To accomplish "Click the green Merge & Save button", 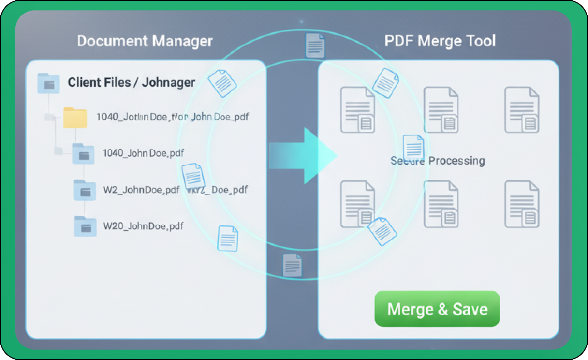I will (437, 309).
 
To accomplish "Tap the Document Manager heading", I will (145, 41).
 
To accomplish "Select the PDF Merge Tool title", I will (440, 41).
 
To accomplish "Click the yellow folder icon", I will (75, 117).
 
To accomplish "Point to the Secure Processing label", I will (438, 161).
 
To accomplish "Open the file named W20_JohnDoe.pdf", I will (143, 225).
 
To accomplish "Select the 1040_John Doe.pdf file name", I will (143, 153).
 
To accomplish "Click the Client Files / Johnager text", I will (131, 82).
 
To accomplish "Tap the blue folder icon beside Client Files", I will (48, 83).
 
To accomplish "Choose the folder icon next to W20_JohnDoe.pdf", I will (85, 226).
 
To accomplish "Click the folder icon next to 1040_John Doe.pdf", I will (83, 154).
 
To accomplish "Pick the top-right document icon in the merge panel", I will (522, 110).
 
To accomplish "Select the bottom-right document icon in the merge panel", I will (522, 204).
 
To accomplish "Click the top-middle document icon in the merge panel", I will (441, 110).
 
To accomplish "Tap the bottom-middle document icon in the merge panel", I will (441, 204).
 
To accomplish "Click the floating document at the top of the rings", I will (315, 46).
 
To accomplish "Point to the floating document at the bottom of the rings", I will (292, 265).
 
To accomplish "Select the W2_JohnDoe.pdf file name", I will (141, 190).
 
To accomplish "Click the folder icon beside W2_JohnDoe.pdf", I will (85, 190).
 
